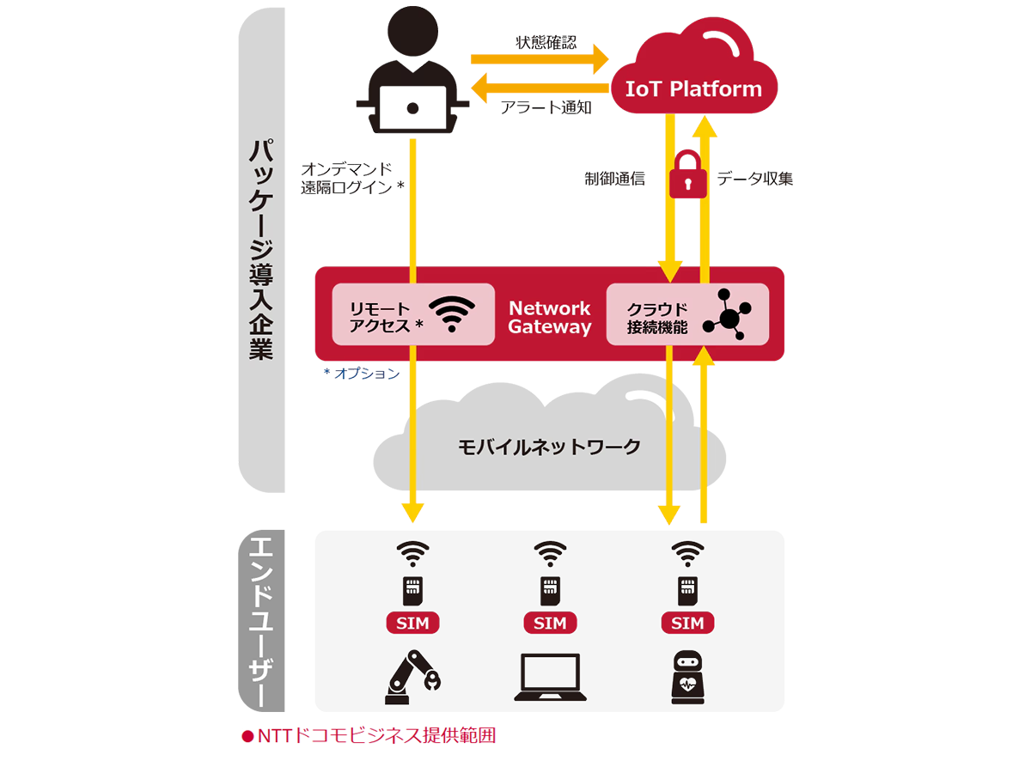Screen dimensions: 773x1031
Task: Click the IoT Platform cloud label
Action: coord(693,88)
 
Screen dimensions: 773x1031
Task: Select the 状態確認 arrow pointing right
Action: coord(540,59)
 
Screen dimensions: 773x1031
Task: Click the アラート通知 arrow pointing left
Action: coord(540,87)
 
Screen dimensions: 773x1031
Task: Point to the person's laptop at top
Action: coord(413,107)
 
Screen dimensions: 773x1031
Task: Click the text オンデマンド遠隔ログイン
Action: coord(351,178)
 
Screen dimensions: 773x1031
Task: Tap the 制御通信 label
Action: coord(614,179)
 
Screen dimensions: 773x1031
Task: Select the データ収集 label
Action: coord(755,179)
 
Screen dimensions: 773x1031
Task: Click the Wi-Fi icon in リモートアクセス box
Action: coord(451,314)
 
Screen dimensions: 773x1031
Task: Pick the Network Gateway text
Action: coord(550,317)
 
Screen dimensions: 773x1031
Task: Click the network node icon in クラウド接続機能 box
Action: coord(727,314)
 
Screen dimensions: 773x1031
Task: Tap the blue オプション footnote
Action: coord(361,374)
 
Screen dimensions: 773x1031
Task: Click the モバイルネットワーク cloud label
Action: coord(549,447)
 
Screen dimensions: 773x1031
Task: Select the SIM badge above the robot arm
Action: coord(413,623)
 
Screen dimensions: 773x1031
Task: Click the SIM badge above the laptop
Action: coord(550,623)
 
